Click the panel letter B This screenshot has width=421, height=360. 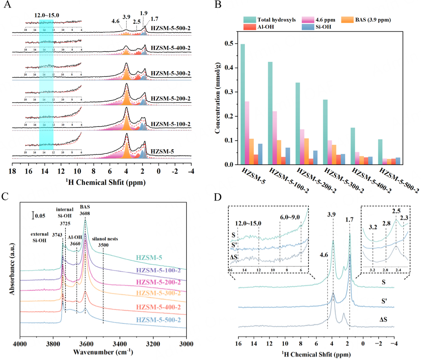click(x=218, y=5)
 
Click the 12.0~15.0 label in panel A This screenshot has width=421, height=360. click(x=46, y=15)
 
